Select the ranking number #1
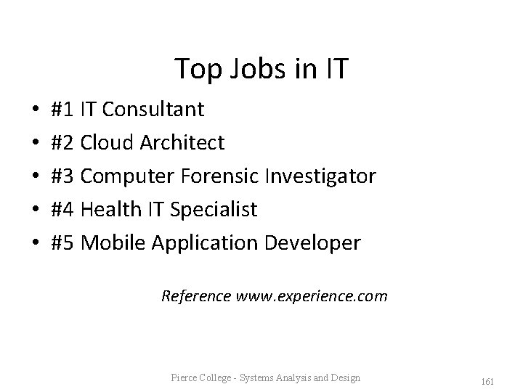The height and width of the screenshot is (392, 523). tap(63, 110)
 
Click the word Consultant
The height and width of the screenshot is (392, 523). tap(153, 110)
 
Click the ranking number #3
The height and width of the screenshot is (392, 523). tap(63, 176)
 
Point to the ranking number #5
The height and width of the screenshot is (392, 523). tap(63, 243)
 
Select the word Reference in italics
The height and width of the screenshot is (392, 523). tap(196, 296)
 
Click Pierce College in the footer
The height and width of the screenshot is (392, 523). tap(197, 377)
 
